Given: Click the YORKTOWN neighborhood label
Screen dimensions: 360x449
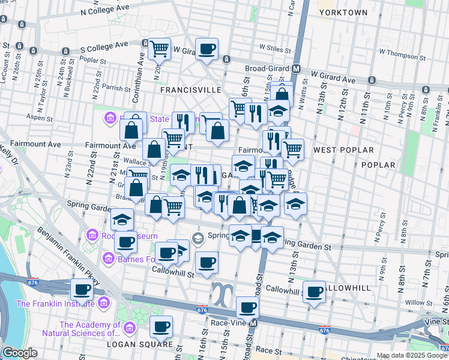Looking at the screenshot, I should click(x=343, y=12).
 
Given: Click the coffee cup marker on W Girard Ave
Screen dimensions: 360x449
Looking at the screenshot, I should click(x=206, y=49).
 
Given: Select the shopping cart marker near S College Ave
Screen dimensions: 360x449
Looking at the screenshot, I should click(x=159, y=49).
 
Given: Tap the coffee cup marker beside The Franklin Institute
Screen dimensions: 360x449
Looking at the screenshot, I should click(x=82, y=290).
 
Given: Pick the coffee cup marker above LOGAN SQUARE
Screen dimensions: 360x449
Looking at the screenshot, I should click(x=161, y=327).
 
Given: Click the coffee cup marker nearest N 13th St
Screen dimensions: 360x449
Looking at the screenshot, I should click(x=314, y=292).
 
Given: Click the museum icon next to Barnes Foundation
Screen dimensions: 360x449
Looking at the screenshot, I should click(x=108, y=259).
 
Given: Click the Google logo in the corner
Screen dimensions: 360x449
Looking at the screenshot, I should click(x=20, y=353).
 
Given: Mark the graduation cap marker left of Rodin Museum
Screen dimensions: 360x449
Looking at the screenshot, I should click(x=122, y=220).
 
